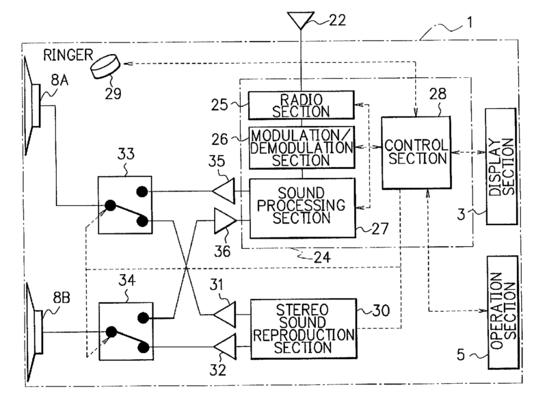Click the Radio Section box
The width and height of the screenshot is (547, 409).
302,104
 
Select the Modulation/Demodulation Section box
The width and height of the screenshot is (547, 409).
302,146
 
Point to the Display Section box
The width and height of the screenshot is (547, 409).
501,167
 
